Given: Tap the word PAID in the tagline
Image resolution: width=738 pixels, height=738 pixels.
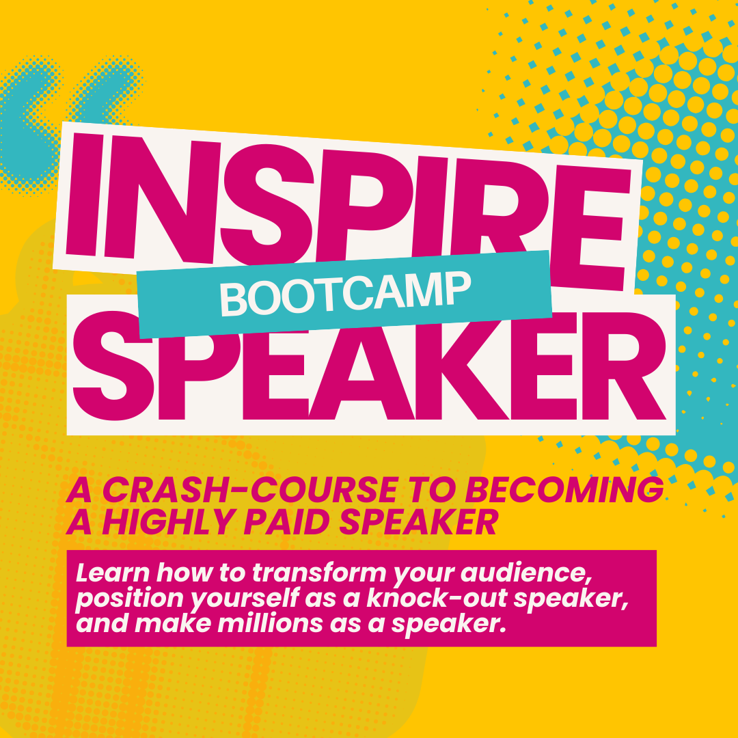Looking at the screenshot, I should (x=256, y=523).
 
